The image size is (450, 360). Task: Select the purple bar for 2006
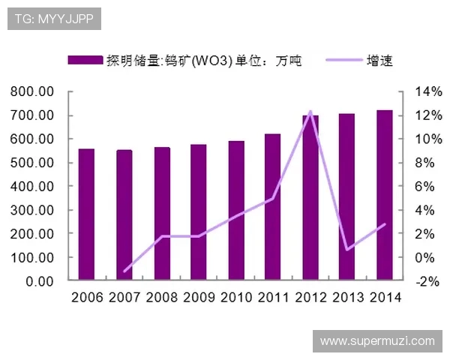(86, 214)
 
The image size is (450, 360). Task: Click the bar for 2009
(198, 212)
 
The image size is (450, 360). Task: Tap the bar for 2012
(310, 198)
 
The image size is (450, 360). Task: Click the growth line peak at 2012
(310, 112)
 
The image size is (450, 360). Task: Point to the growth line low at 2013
(347, 250)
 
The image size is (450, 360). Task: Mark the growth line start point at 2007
(124, 271)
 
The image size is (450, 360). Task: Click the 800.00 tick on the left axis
(31, 92)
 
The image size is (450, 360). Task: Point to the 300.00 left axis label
(31, 210)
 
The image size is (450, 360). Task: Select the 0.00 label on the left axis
(37, 281)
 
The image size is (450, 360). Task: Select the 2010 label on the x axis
(235, 297)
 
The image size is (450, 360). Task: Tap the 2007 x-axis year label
(124, 297)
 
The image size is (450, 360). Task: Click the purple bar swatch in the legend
(85, 61)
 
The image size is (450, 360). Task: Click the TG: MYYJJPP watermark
(54, 19)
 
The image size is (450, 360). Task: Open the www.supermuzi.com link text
(377, 341)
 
